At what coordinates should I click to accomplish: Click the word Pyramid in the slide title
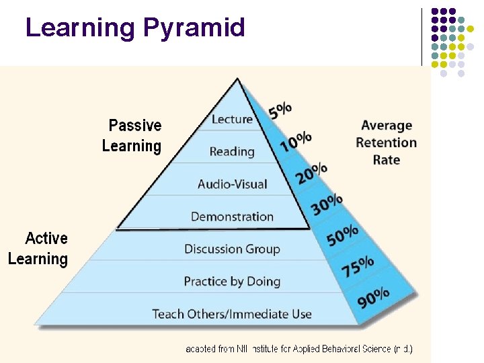click(x=194, y=28)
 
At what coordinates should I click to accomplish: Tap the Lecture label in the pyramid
click(x=232, y=120)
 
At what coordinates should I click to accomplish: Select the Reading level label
click(x=232, y=152)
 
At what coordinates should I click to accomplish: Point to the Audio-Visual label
click(x=233, y=184)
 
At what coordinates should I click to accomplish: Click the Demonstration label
click(x=232, y=216)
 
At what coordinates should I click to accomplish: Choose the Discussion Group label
click(x=232, y=249)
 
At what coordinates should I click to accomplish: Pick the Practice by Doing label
click(x=232, y=281)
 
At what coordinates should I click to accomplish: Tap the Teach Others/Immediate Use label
click(x=232, y=314)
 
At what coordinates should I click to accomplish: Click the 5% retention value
click(x=280, y=110)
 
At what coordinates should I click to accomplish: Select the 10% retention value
click(x=296, y=141)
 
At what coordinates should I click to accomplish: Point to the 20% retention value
click(x=311, y=173)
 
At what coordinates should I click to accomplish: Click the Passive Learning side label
click(x=132, y=136)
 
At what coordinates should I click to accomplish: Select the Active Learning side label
click(x=38, y=249)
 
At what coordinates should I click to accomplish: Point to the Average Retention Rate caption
click(x=386, y=143)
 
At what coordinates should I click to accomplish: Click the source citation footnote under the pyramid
click(x=299, y=349)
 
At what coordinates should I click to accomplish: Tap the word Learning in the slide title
click(x=80, y=28)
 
